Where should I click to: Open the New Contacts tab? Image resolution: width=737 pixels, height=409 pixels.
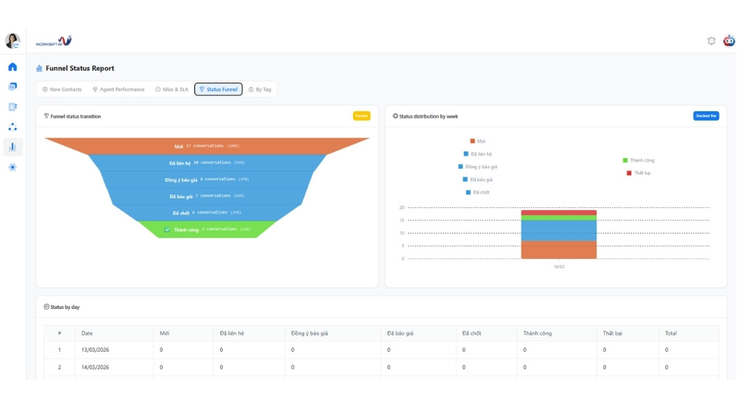pos(62,89)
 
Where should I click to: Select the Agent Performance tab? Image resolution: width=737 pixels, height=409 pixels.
pos(119,89)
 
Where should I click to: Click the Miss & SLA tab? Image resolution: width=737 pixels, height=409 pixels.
pos(172,89)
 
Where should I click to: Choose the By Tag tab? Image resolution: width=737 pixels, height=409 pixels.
pos(260,89)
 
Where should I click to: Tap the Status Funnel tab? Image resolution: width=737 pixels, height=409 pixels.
pos(219,89)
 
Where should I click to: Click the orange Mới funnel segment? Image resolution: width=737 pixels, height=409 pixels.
pos(207,146)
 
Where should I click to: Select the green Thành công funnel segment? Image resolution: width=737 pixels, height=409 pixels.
pos(208,230)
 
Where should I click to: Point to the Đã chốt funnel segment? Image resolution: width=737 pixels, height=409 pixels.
pos(208,213)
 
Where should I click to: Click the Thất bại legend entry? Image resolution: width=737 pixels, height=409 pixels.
pos(639,173)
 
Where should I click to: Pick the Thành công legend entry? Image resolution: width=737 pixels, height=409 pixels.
pos(639,160)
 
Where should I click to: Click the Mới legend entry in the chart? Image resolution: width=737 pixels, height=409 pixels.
pos(478,141)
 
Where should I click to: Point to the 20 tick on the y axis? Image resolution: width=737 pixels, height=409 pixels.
pos(402,207)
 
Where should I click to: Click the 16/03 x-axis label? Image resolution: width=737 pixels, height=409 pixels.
pos(559,267)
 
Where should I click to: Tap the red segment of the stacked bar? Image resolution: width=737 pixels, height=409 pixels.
pos(559,213)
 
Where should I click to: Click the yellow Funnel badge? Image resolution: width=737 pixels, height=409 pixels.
pos(361,116)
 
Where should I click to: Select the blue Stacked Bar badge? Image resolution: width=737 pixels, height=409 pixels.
pos(706,116)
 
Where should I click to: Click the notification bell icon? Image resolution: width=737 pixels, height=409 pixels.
pos(711,41)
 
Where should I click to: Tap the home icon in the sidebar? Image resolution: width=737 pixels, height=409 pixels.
pos(12,67)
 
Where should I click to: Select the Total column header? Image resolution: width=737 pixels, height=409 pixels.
pos(671,333)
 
